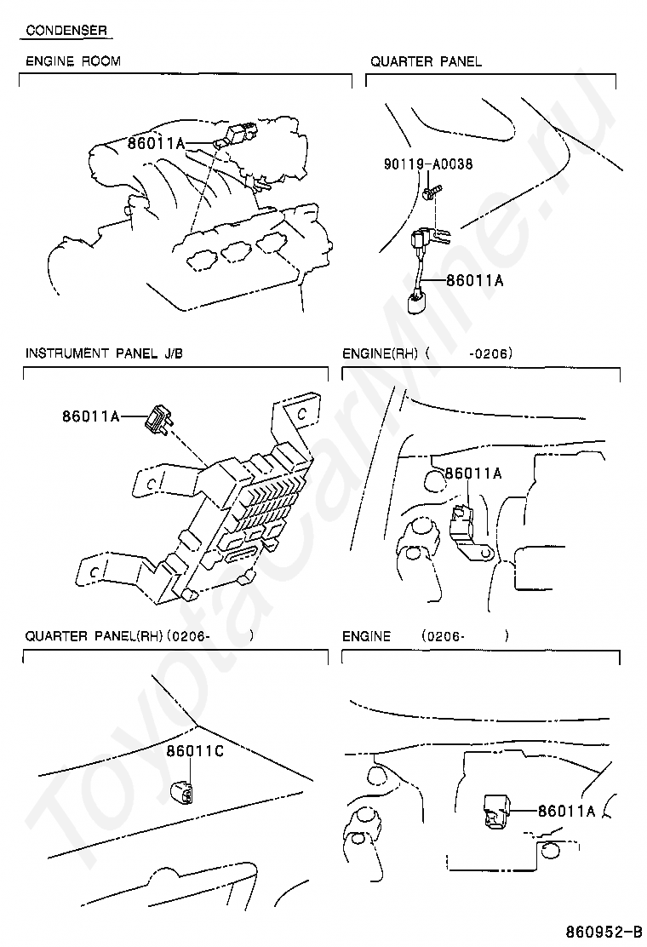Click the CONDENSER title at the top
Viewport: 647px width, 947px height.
(x=66, y=31)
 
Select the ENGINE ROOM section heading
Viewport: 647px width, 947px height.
(x=73, y=61)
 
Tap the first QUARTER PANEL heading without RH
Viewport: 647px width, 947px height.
(x=426, y=61)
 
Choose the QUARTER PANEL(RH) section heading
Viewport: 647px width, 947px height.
(x=94, y=635)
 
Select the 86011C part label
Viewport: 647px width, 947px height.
(x=194, y=751)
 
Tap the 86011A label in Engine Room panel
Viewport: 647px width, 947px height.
(x=156, y=143)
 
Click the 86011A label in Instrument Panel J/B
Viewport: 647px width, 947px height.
(x=90, y=416)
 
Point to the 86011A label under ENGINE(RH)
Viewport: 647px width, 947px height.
(x=473, y=473)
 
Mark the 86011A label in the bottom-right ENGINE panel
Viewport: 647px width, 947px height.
(x=566, y=811)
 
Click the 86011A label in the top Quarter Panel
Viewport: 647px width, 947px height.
(x=475, y=278)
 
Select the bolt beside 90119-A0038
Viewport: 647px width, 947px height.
(x=431, y=194)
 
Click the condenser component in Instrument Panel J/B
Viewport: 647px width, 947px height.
(x=159, y=418)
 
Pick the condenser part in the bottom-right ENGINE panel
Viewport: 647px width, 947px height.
(x=496, y=809)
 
